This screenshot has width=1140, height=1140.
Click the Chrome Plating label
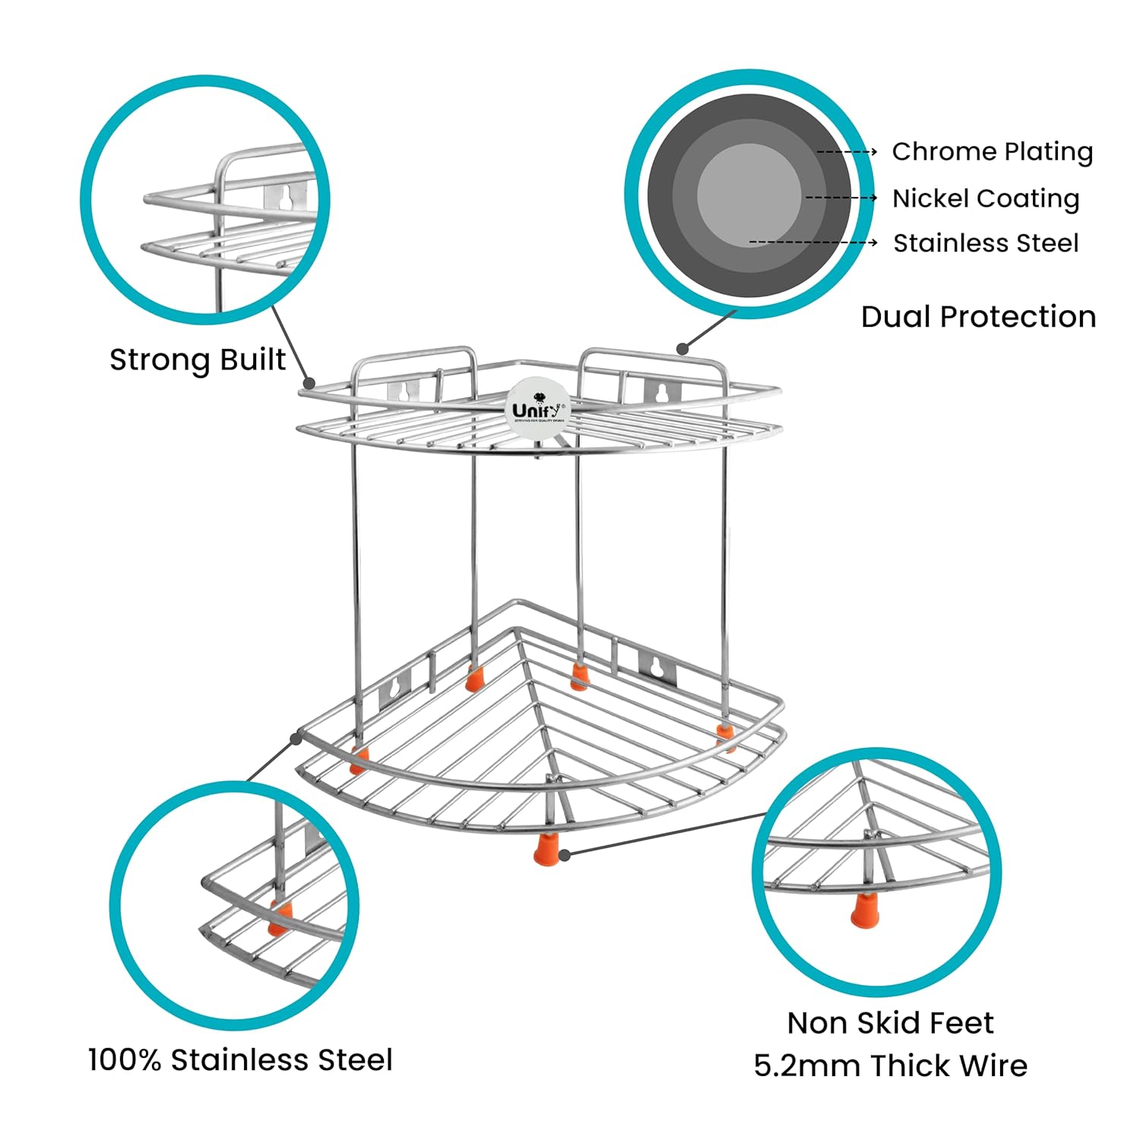pyautogui.click(x=992, y=152)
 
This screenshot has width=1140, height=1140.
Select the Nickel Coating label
pyautogui.click(x=986, y=198)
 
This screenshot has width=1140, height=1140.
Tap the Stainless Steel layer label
pyautogui.click(x=986, y=243)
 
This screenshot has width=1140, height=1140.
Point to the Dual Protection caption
pyautogui.click(x=978, y=317)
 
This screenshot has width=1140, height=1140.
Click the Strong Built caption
pyautogui.click(x=198, y=360)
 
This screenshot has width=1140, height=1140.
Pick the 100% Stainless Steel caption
pyautogui.click(x=240, y=1059)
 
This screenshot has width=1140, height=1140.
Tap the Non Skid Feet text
pyautogui.click(x=890, y=1023)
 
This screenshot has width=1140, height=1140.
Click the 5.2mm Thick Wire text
pyautogui.click(x=890, y=1066)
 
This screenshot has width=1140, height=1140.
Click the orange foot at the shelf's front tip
pyautogui.click(x=544, y=848)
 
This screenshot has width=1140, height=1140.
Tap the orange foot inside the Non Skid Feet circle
pyautogui.click(x=862, y=910)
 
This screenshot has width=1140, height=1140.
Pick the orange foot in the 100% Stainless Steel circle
pyautogui.click(x=280, y=917)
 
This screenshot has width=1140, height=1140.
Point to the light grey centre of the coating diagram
pyautogui.click(x=749, y=195)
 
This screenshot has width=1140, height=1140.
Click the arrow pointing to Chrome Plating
pyautogui.click(x=847, y=152)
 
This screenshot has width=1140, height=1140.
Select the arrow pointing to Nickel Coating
pyautogui.click(x=841, y=198)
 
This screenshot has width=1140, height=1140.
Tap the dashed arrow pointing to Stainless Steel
pyautogui.click(x=813, y=243)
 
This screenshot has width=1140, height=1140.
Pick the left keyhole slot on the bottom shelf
pyautogui.click(x=395, y=689)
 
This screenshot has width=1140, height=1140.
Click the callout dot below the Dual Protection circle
pyautogui.click(x=682, y=349)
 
